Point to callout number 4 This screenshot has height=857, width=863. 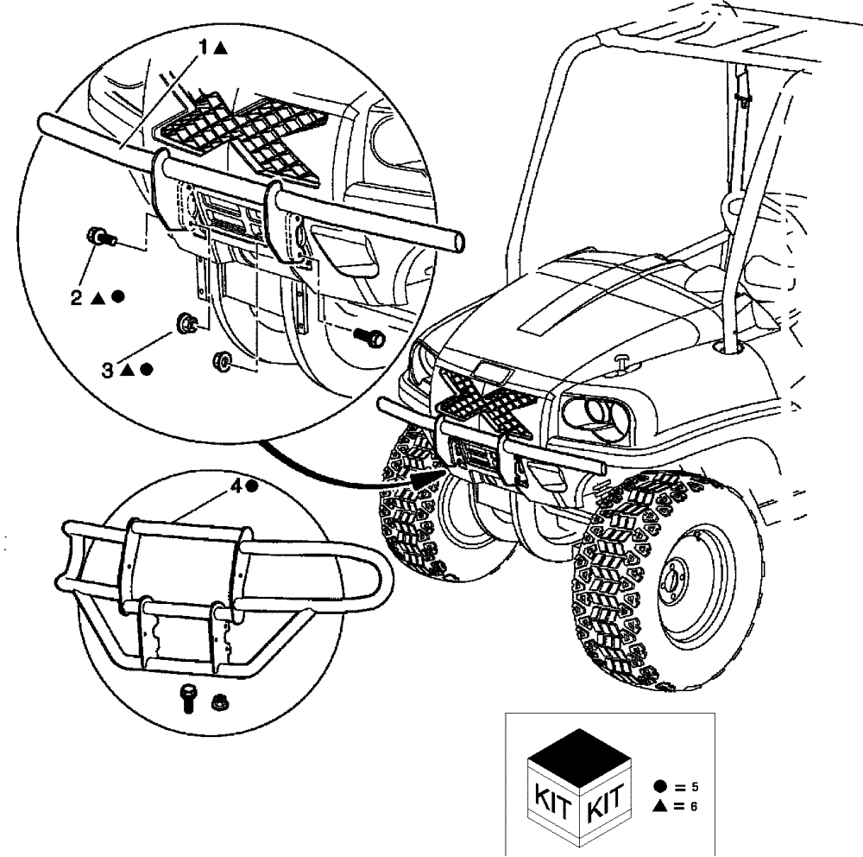click(x=234, y=486)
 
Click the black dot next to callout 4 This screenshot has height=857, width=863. click(x=250, y=486)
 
